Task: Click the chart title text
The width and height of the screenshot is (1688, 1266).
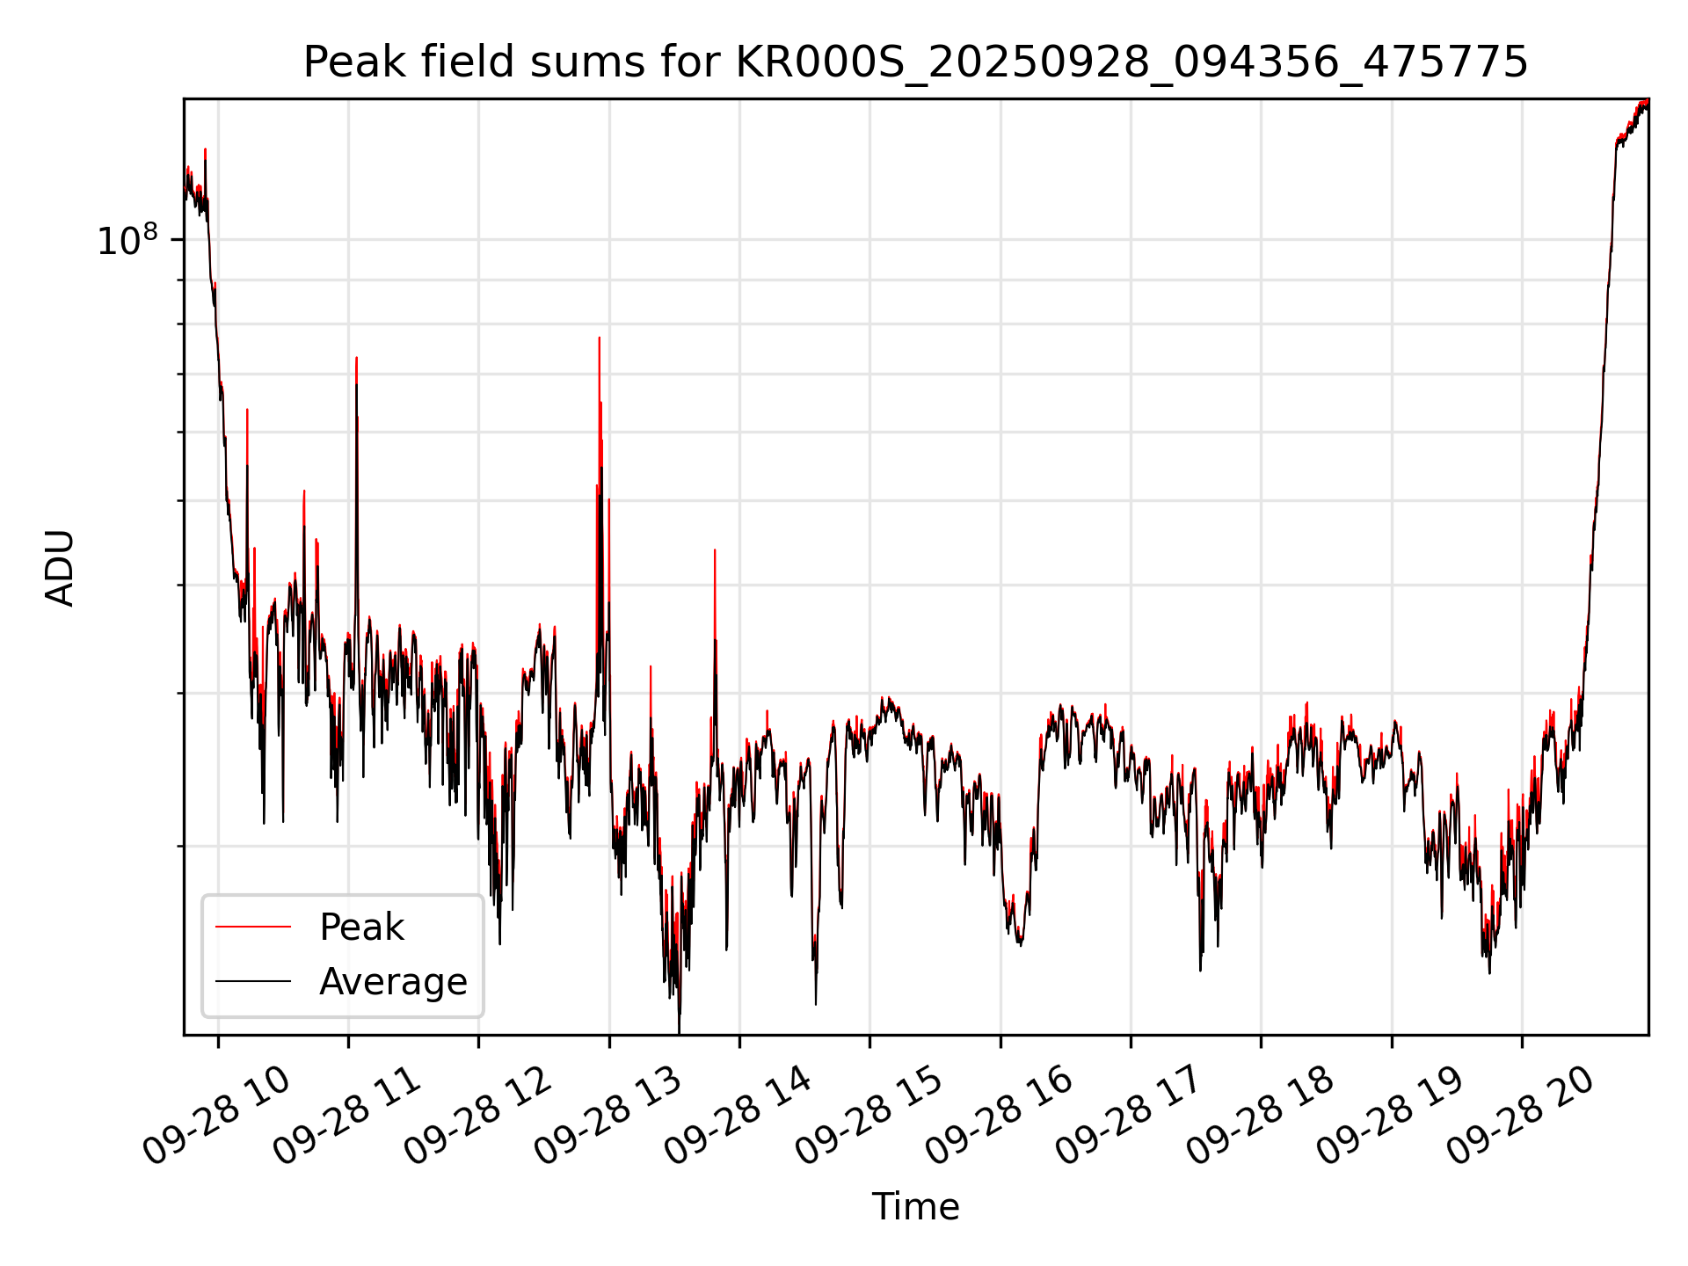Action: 915,62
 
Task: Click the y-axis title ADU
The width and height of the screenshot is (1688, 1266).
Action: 60,568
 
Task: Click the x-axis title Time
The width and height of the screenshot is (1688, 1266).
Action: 915,1206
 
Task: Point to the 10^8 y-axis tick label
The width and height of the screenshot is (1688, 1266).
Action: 127,241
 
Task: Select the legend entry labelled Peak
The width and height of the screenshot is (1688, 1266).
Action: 361,928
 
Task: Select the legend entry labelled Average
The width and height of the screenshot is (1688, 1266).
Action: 393,982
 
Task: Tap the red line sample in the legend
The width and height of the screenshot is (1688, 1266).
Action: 253,927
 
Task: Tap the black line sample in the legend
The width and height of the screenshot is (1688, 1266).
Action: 253,981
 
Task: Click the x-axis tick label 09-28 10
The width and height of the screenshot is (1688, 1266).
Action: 216,1116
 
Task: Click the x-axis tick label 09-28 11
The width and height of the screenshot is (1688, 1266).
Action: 346,1116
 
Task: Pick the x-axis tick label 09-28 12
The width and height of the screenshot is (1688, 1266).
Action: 477,1116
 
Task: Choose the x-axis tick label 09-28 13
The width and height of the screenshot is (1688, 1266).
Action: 608,1116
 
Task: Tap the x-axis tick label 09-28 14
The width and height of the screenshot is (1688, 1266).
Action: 738,1116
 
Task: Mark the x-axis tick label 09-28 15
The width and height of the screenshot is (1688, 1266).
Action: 868,1116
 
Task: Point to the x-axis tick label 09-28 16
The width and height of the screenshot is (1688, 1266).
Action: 999,1116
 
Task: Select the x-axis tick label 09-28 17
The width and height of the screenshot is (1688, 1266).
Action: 1129,1116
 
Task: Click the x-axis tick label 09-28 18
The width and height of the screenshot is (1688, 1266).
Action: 1259,1116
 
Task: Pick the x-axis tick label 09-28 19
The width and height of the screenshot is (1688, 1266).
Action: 1390,1116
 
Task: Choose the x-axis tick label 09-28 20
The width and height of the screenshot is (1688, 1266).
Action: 1520,1116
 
